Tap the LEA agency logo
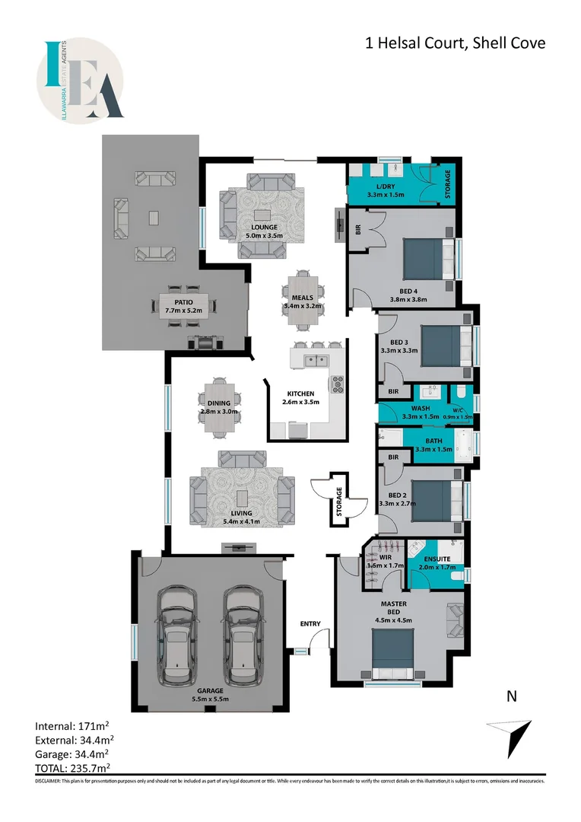point(82,81)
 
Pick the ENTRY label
point(310,624)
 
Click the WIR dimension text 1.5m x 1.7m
point(385,566)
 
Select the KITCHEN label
point(300,393)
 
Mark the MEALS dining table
point(303,299)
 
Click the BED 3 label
point(401,342)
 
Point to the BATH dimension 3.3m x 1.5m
point(434,450)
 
